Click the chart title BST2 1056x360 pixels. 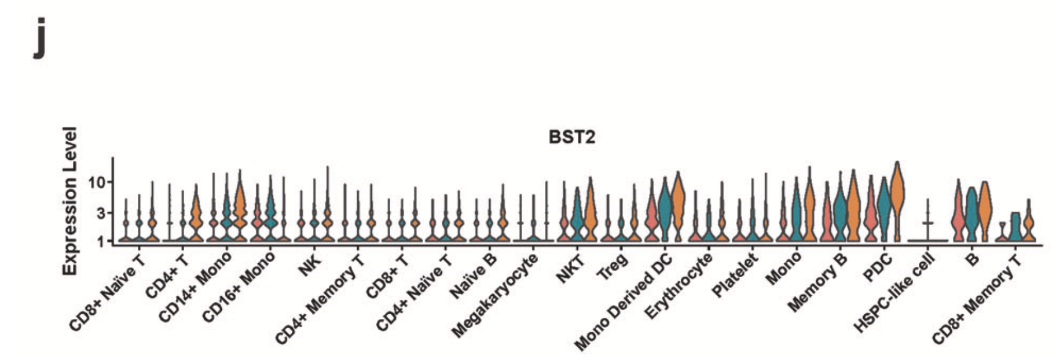571,138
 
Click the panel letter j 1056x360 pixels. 39,38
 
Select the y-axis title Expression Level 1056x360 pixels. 70,201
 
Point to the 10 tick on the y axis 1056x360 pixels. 97,183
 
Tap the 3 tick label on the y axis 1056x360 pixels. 101,214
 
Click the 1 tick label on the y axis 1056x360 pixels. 101,241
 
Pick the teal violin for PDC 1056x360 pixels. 884,205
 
